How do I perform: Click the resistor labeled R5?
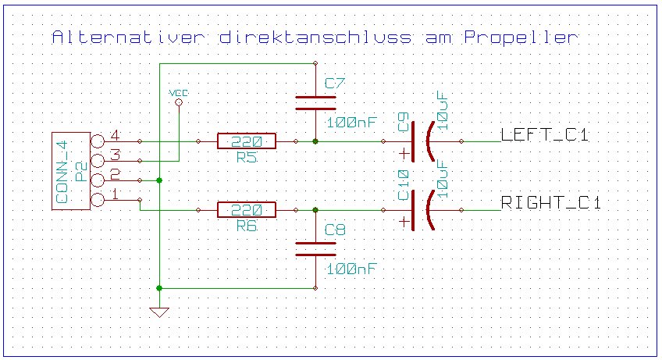(x=247, y=141)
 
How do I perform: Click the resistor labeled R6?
(x=247, y=210)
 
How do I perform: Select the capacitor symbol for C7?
(x=315, y=103)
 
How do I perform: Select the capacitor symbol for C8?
(x=315, y=248)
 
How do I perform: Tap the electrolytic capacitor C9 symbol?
(x=422, y=141)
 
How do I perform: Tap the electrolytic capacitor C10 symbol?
(x=422, y=210)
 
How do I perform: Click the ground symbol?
(x=159, y=312)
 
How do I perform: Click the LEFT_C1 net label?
(x=544, y=135)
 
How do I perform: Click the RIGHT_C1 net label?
(x=550, y=204)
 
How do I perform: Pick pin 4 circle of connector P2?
(x=98, y=141)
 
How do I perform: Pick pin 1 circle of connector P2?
(x=98, y=200)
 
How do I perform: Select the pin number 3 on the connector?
(x=115, y=155)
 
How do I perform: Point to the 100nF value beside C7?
(x=352, y=123)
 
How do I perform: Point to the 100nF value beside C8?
(x=352, y=269)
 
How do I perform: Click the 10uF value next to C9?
(x=443, y=109)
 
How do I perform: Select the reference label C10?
(x=404, y=184)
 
